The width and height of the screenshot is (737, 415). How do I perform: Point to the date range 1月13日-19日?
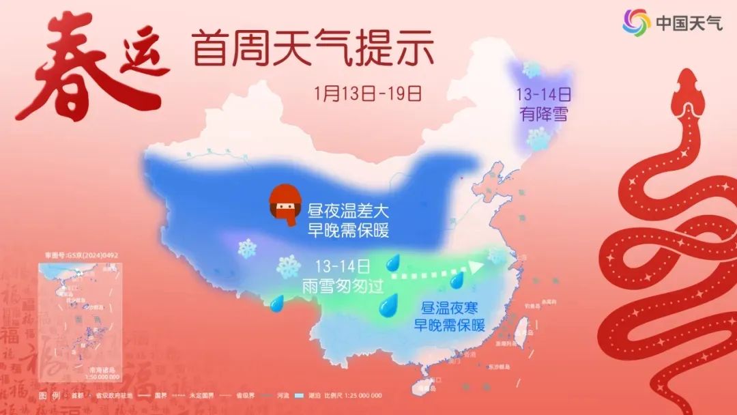(369, 91)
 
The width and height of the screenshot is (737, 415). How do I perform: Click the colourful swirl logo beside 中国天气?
(636, 23)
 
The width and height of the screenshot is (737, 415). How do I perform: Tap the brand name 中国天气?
(689, 23)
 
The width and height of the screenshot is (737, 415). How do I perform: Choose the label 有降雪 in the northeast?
(543, 115)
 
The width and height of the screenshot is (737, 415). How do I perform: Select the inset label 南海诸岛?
(103, 370)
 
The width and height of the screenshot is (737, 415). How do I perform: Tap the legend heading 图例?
(46, 396)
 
